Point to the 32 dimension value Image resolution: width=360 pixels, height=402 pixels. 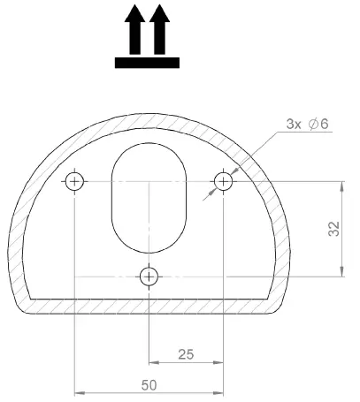(x=333, y=229)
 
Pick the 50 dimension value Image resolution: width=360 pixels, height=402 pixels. (x=149, y=386)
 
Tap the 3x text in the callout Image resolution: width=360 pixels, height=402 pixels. (x=295, y=125)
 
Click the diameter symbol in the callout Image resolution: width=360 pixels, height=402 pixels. (x=314, y=125)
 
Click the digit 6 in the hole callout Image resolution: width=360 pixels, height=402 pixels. (x=326, y=125)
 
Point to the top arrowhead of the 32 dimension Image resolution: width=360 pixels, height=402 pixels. (x=341, y=186)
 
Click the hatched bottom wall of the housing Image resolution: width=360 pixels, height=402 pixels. (x=149, y=305)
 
